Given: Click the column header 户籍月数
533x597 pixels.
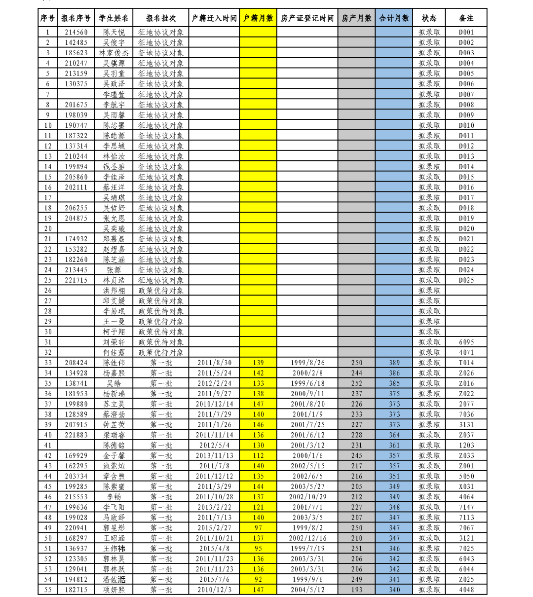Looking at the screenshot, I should (x=258, y=18).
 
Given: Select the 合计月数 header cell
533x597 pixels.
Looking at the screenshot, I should (x=394, y=18).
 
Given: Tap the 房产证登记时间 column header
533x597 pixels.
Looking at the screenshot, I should (x=307, y=18).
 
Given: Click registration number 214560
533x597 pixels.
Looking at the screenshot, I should (x=76, y=33).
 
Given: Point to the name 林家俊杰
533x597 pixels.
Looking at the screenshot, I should (x=114, y=53).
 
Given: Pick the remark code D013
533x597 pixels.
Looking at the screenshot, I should (x=466, y=156).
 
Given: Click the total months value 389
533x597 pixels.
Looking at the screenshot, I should (x=394, y=363).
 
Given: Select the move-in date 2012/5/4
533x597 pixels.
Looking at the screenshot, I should (x=214, y=445).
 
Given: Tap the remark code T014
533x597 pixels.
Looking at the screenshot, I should (x=466, y=363).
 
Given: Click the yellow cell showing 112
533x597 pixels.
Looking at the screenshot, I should (x=258, y=455).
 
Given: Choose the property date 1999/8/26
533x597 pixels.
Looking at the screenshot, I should (x=307, y=363).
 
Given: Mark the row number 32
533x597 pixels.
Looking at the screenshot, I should (x=48, y=352).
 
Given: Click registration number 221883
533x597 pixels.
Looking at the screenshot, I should (x=76, y=435).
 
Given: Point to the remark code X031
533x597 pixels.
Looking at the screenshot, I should (x=466, y=486).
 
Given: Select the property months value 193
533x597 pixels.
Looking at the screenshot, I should (x=356, y=590).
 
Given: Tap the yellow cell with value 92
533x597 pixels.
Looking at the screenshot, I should (x=258, y=579).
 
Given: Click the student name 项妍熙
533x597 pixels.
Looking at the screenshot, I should (x=114, y=590).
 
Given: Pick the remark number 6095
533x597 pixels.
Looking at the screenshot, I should (x=466, y=342).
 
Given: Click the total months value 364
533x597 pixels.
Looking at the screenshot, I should (x=394, y=435).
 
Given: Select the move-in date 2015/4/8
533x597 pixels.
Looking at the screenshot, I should (x=214, y=548).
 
